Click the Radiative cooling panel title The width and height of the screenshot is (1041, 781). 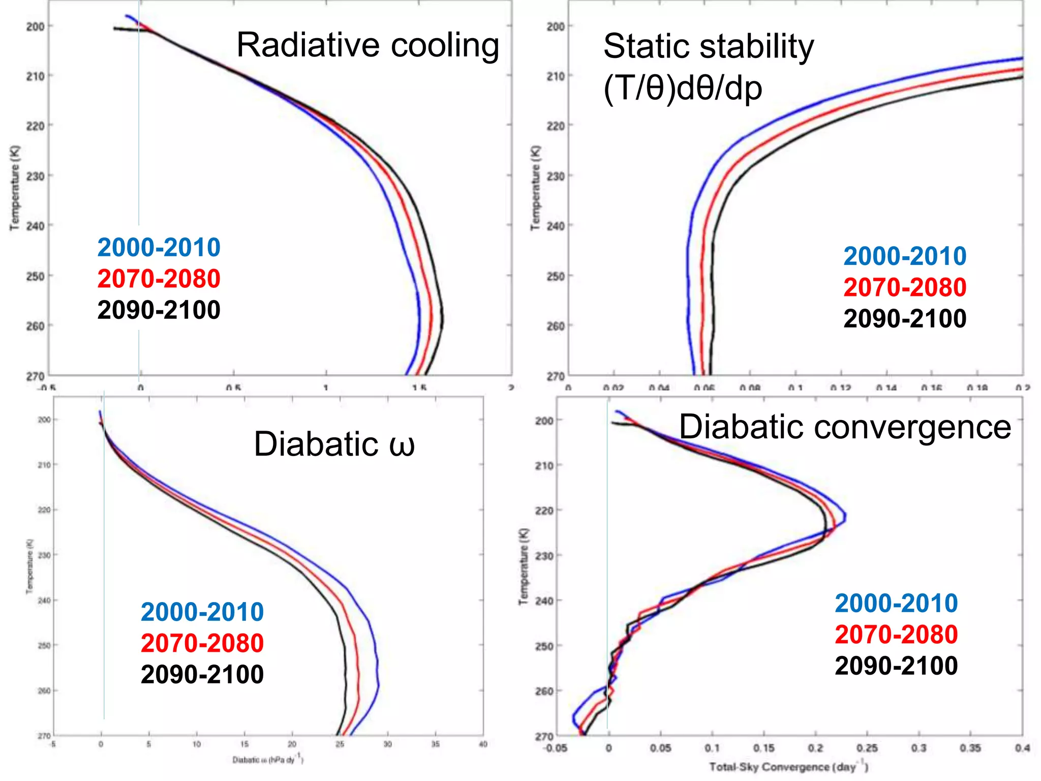point(368,45)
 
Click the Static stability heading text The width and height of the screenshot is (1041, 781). point(708,46)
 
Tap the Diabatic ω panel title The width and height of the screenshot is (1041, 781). point(334,444)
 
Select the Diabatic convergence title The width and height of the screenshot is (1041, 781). point(845,427)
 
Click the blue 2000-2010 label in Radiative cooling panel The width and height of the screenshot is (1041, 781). point(159,248)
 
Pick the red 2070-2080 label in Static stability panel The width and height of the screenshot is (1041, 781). point(905,287)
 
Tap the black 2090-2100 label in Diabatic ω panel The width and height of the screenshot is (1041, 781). point(202,675)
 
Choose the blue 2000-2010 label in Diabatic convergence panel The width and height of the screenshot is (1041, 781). point(896,604)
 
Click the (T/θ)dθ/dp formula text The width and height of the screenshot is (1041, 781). point(683,88)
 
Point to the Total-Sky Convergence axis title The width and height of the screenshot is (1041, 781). point(788,767)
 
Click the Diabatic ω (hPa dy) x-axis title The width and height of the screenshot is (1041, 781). point(268,760)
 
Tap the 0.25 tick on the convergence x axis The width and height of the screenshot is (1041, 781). point(867,748)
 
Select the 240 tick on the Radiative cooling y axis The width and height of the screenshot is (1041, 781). point(35,226)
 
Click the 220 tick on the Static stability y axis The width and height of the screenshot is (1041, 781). point(556,126)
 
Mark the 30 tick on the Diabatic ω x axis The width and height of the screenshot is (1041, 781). point(387,744)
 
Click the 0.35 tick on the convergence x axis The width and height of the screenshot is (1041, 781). point(970,748)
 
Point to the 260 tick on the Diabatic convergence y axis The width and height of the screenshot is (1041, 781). point(544,691)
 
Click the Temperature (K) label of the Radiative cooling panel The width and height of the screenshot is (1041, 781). point(15,188)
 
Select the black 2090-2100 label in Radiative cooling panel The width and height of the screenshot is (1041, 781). point(159,310)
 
